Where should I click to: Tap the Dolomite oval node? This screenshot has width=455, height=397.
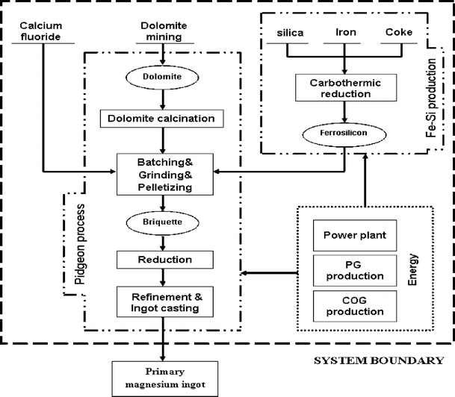[x=163, y=76]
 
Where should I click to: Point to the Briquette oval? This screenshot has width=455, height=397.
[x=163, y=221]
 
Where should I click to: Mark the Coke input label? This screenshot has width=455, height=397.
[x=399, y=33]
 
